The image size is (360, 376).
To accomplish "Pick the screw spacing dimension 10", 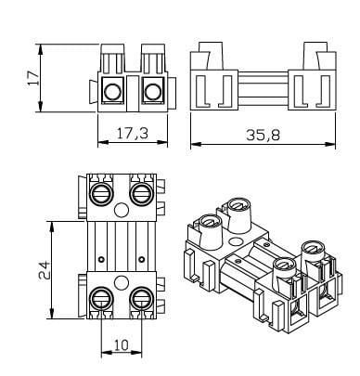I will [122, 344].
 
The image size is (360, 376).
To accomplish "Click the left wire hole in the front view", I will [114, 92].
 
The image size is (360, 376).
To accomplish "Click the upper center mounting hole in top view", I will [122, 209].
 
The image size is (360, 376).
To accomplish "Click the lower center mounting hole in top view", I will [122, 281].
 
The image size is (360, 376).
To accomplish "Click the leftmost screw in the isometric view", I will [208, 221].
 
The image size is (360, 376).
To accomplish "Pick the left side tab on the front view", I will [94, 91].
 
